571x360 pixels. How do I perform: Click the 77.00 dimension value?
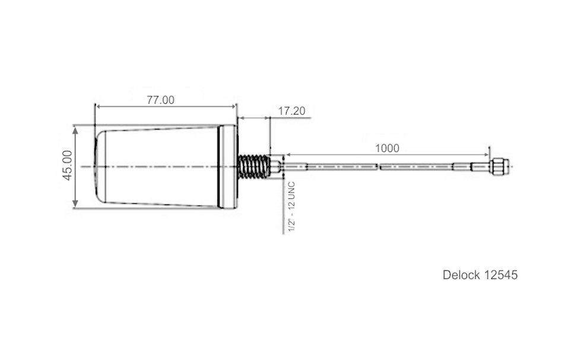tap(161, 100)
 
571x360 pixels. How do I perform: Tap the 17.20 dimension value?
tap(291, 111)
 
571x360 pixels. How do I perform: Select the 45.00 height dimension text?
tap(68, 165)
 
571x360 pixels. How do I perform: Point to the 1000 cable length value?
tap(387, 149)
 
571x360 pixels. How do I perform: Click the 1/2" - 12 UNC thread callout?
tap(291, 207)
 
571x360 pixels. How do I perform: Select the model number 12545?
tap(501, 274)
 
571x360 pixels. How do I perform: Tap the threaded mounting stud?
tap(254, 166)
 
